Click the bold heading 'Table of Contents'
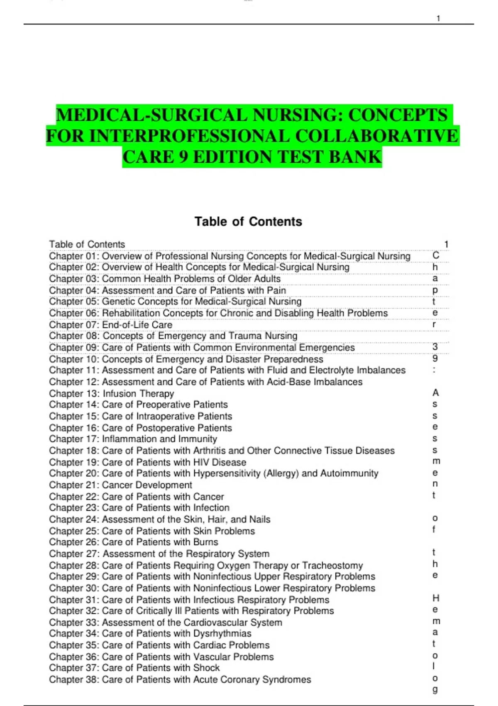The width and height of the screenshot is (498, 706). coord(248,222)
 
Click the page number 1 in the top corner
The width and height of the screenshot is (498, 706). coord(438,18)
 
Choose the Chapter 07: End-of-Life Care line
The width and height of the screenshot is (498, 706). coord(110,325)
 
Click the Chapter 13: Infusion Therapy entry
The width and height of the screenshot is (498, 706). coord(111,393)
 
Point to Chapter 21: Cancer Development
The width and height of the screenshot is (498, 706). coord(120,485)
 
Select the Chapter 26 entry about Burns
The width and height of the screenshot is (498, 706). coord(133,542)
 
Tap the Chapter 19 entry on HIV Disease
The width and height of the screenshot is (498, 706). coord(147,462)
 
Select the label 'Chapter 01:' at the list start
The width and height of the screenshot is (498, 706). coord(73,256)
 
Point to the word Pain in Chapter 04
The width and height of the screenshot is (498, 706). coord(276,290)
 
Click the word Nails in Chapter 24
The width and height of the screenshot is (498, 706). coord(259,520)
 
